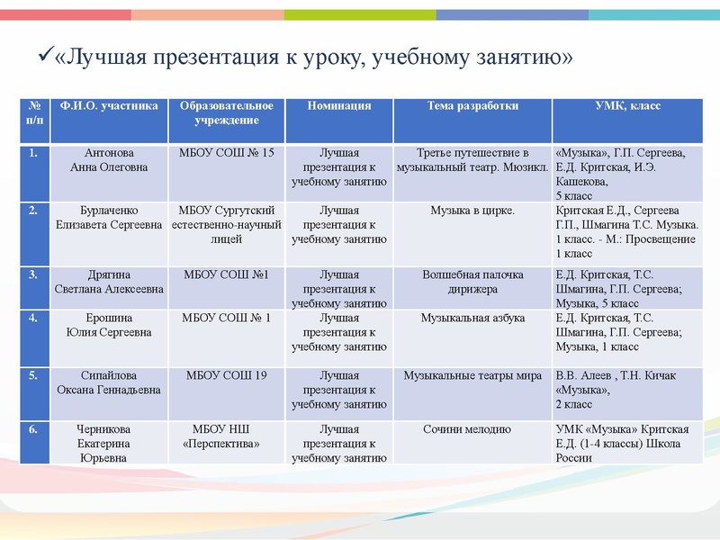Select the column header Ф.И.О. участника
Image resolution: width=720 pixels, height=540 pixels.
pyautogui.click(x=109, y=106)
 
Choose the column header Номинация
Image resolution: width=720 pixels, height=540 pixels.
pyautogui.click(x=339, y=106)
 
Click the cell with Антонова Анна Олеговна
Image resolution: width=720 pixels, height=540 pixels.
pyautogui.click(x=109, y=160)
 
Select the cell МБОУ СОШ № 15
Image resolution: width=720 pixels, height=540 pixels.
pyautogui.click(x=227, y=153)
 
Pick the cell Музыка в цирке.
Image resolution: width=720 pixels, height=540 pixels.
pyautogui.click(x=472, y=211)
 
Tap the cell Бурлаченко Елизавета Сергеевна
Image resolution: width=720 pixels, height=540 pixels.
pyautogui.click(x=109, y=219)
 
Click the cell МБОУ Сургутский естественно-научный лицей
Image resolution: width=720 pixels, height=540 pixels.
pyautogui.click(x=227, y=225)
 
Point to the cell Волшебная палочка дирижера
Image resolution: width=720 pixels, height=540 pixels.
pyautogui.click(x=472, y=282)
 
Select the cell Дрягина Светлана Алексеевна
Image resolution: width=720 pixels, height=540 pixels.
pyautogui.click(x=109, y=282)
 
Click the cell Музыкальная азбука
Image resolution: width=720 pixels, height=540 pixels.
pyautogui.click(x=472, y=319)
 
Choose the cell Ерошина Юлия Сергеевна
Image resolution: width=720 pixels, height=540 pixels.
pyautogui.click(x=109, y=325)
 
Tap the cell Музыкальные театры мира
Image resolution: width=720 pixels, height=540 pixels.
pyautogui.click(x=472, y=375)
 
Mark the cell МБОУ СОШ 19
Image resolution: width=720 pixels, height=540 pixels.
pyautogui.click(x=227, y=375)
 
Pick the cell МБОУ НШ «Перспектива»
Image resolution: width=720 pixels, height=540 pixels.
pyautogui.click(x=227, y=436)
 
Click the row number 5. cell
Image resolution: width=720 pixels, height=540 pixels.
pyautogui.click(x=33, y=375)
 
